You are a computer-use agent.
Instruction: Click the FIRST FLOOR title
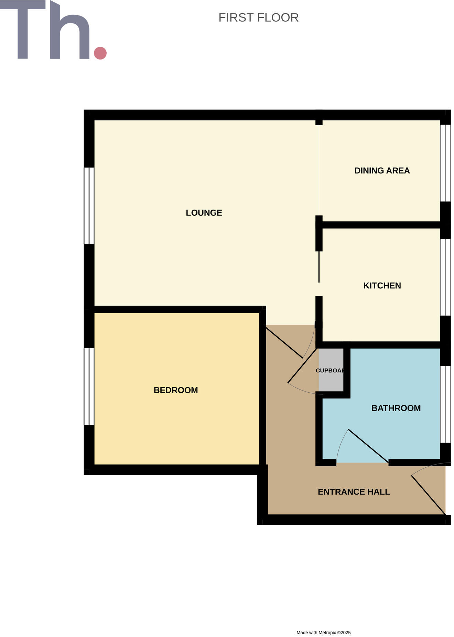258,18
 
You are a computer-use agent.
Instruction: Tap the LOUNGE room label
204,213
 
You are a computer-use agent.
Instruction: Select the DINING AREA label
382,171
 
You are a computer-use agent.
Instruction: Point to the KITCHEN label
382,286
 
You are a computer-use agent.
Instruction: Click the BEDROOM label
175,390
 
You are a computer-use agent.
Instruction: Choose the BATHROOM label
396,408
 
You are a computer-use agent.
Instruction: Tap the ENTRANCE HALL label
354,492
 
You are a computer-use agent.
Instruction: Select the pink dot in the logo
100,53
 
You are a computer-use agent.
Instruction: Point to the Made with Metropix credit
323,633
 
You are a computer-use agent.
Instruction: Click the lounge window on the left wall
89,206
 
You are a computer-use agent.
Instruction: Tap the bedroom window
89,386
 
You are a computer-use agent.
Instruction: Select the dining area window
445,163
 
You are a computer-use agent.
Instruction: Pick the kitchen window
445,277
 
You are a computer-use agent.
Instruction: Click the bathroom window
445,404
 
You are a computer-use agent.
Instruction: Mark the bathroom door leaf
368,446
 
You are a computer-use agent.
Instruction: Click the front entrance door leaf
429,495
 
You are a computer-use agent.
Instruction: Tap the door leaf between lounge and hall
284,343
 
